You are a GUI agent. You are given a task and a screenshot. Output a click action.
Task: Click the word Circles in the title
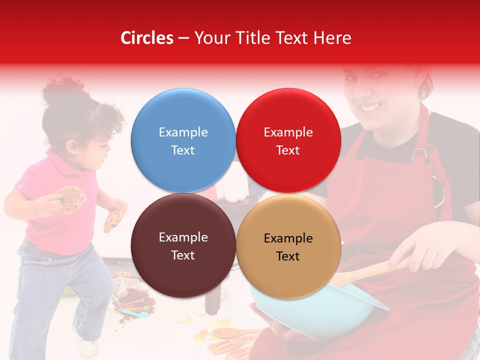[x=146, y=38]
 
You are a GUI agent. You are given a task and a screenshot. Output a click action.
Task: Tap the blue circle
[x=183, y=140]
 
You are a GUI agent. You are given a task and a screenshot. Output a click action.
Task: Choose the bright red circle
[x=288, y=140]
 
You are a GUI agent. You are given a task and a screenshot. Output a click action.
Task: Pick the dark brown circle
[x=183, y=245]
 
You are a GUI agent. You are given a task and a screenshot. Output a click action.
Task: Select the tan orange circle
[x=288, y=246]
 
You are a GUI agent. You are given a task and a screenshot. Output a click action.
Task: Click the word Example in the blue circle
[x=183, y=132]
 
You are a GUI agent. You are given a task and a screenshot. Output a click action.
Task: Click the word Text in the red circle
[x=288, y=150]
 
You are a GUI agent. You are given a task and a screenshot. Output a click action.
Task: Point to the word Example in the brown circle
[x=183, y=237]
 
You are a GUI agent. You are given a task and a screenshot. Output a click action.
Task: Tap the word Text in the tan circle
[x=288, y=256]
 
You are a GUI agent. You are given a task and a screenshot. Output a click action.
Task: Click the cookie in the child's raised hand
[x=70, y=198]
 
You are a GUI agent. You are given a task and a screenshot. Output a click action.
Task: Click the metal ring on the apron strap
[x=420, y=154]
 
